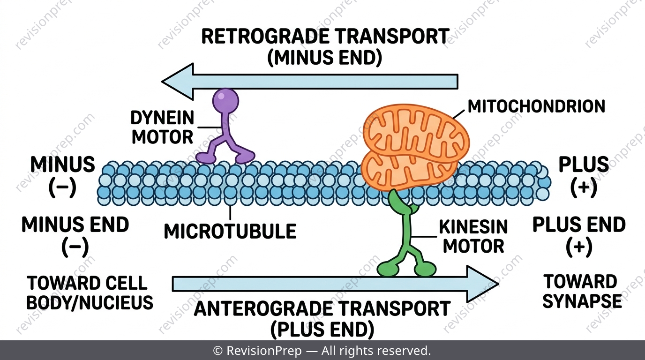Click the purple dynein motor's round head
click(225, 101)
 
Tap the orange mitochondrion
click(415, 147)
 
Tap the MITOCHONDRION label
click(536, 106)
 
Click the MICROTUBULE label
click(230, 231)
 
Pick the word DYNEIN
click(162, 118)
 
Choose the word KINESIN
click(473, 227)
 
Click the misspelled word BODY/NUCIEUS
click(90, 302)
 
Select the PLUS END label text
click(579, 225)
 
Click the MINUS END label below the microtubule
click(75, 225)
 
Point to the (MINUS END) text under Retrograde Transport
click(324, 58)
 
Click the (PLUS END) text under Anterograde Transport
click(322, 330)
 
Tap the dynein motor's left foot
click(206, 158)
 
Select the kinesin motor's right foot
click(425, 269)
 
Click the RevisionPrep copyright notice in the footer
click(322, 351)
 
